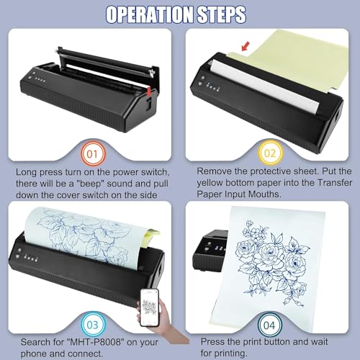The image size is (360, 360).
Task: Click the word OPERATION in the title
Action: tap(150, 14)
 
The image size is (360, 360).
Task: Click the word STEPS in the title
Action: tap(222, 14)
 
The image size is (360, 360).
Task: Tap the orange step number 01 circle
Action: tap(93, 154)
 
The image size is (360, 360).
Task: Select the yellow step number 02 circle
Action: tap(270, 153)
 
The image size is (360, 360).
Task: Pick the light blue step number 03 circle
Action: tap(93, 325)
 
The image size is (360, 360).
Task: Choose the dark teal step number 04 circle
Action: tap(270, 325)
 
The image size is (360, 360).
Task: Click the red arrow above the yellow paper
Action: tap(246, 46)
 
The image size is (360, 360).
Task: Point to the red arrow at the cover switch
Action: tap(149, 91)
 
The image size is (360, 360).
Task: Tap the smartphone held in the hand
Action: tap(150, 307)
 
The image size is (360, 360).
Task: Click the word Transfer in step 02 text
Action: tap(335, 183)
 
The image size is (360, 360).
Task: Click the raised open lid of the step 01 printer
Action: tap(108, 63)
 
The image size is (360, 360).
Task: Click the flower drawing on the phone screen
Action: tap(149, 307)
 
